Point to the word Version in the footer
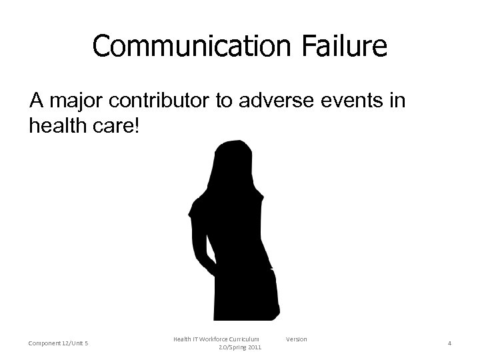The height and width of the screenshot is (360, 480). (296, 339)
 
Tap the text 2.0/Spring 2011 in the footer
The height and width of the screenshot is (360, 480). (240, 348)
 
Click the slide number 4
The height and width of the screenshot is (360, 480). (449, 343)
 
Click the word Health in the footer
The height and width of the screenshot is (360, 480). (182, 339)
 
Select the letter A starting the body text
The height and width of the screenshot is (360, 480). (36, 101)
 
